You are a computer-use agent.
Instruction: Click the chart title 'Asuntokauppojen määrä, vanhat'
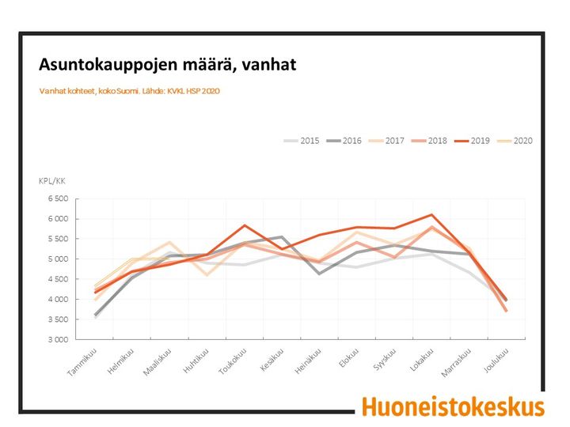click(x=168, y=65)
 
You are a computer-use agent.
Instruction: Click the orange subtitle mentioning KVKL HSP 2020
click(x=129, y=91)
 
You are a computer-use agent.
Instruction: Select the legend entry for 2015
click(x=302, y=141)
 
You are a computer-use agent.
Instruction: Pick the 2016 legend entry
click(x=344, y=141)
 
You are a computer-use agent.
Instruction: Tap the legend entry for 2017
click(x=386, y=141)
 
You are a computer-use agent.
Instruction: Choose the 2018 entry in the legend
click(x=429, y=141)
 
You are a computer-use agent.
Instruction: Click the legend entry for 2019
click(x=472, y=141)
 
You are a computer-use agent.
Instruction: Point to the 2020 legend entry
click(x=515, y=141)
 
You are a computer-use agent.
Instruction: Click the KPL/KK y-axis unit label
click(x=52, y=181)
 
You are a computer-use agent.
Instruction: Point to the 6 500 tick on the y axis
click(x=58, y=198)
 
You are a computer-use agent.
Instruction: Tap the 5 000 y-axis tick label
click(x=58, y=259)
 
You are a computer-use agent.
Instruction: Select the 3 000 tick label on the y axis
click(x=58, y=340)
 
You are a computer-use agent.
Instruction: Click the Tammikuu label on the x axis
click(x=82, y=362)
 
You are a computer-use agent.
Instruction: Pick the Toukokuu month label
click(x=232, y=361)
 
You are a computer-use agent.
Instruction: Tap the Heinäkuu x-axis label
click(x=308, y=361)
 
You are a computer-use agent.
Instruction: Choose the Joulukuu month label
click(x=496, y=361)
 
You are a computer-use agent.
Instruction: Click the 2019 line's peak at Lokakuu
click(x=431, y=214)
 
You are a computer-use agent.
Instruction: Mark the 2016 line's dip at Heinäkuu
click(x=319, y=274)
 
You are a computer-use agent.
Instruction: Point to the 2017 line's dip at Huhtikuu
click(x=207, y=276)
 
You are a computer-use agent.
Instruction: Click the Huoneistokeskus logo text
click(x=454, y=407)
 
